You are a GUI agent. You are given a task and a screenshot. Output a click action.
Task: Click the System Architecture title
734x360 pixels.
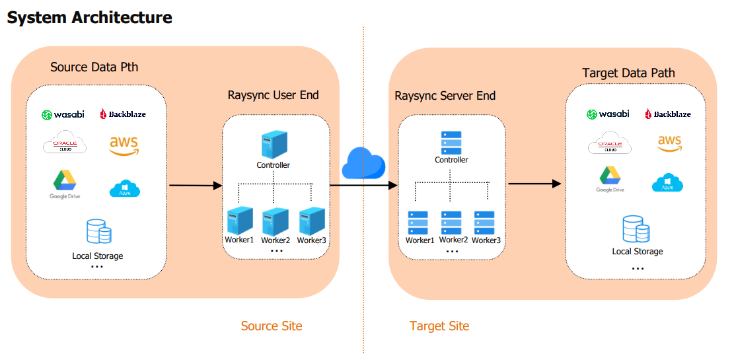[x=89, y=18]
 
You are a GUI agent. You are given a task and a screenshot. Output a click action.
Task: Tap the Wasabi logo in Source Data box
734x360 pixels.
[x=63, y=115]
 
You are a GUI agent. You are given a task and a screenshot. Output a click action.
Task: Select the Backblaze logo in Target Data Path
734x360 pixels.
[x=667, y=114]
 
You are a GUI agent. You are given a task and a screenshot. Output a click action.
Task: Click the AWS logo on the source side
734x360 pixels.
[x=124, y=145]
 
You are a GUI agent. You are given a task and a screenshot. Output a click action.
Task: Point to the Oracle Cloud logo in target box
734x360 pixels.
[x=609, y=143]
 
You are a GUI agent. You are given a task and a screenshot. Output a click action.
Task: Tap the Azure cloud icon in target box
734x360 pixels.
[x=667, y=182]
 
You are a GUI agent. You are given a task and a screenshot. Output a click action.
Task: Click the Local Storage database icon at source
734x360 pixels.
[x=98, y=232]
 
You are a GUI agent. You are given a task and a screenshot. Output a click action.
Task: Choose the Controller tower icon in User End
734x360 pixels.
[x=274, y=144]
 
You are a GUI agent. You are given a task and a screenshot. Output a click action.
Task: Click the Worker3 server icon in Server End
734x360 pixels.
[x=484, y=223]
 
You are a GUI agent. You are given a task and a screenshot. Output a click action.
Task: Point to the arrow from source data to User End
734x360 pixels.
[x=196, y=186]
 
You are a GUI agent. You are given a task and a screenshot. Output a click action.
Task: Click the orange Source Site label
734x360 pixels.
[x=272, y=326]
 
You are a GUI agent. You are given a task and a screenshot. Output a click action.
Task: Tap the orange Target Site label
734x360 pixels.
[x=439, y=326]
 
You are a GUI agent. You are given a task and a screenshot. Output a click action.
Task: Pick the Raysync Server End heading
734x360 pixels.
[x=445, y=96]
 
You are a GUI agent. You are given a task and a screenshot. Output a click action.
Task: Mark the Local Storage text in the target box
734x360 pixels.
[x=637, y=252]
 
